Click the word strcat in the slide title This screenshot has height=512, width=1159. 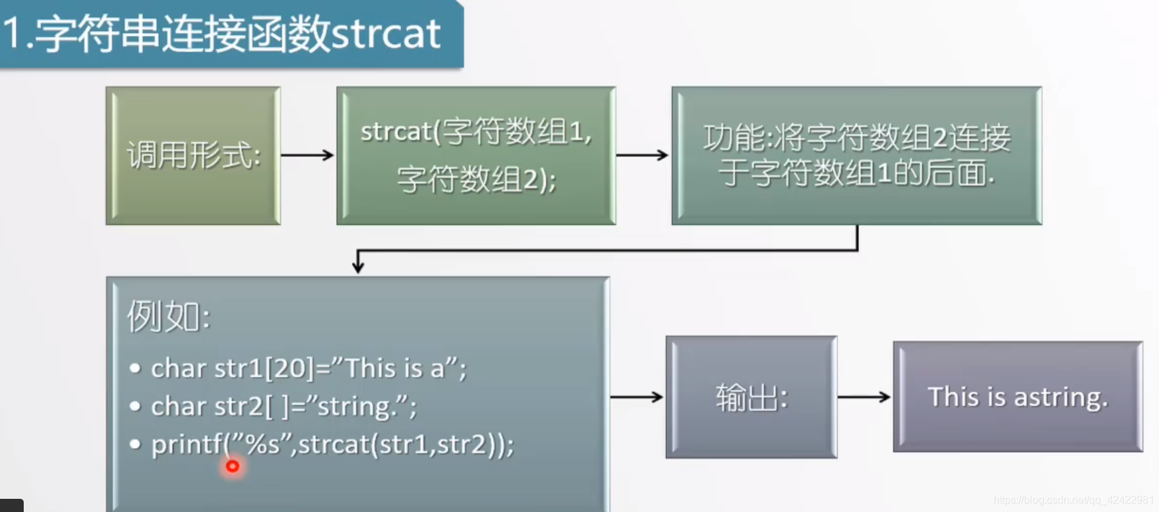click(x=385, y=34)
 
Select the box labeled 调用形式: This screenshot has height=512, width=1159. click(x=193, y=156)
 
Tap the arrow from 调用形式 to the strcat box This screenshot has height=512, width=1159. click(x=307, y=155)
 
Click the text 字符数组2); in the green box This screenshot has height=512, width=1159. click(x=477, y=179)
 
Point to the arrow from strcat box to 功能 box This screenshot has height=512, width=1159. click(x=642, y=155)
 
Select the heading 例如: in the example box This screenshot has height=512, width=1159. click(x=169, y=316)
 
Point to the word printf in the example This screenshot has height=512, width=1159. click(x=187, y=445)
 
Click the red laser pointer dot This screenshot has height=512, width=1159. click(x=232, y=467)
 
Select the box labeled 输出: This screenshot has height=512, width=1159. click(x=752, y=397)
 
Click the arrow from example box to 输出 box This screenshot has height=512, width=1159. click(x=636, y=397)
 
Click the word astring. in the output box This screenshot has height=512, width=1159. click(x=1061, y=397)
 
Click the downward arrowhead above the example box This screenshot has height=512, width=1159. click(x=358, y=266)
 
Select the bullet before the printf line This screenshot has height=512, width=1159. click(x=135, y=444)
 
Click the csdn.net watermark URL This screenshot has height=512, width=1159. click(x=1073, y=500)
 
